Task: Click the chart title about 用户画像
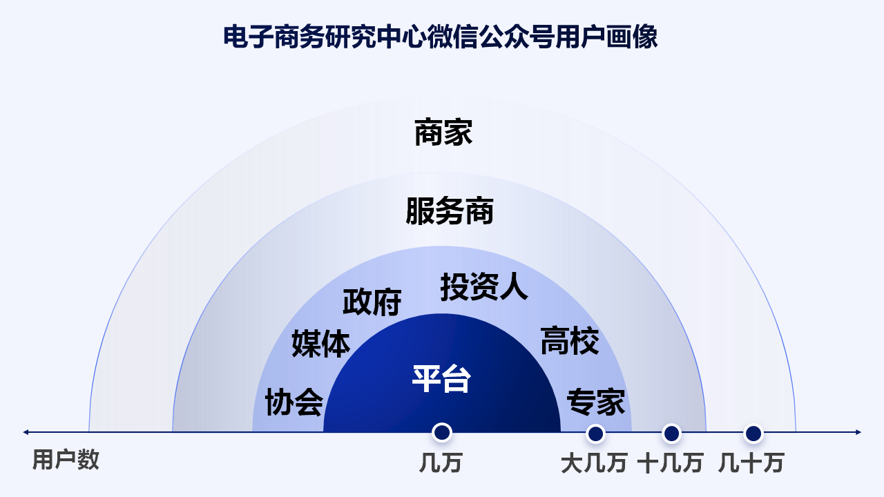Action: [x=441, y=37]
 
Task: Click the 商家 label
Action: [x=443, y=133]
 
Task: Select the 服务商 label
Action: [x=450, y=211]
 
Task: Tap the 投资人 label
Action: [x=484, y=287]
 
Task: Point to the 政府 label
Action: [x=372, y=302]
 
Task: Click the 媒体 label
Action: [x=320, y=343]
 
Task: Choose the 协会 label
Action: [x=294, y=402]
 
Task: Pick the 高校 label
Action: [x=569, y=341]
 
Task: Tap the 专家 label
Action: [x=595, y=402]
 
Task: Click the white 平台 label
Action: [x=441, y=378]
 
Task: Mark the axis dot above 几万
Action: [x=441, y=433]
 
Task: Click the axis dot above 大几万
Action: [x=595, y=433]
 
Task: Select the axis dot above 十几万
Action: [x=671, y=433]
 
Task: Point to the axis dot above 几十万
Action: [x=753, y=433]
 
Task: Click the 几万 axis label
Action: [x=440, y=462]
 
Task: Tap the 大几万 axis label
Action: [x=594, y=462]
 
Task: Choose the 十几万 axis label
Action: [x=670, y=462]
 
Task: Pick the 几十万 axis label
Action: [x=751, y=462]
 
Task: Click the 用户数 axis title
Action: [x=66, y=460]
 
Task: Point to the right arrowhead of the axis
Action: [x=858, y=433]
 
